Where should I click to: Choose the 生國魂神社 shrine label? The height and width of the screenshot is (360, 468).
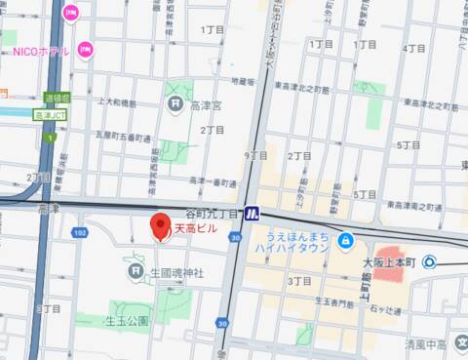pos(177,273)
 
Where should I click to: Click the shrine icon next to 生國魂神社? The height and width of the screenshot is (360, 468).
pos(138,272)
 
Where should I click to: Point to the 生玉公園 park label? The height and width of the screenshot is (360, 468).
pos(127,320)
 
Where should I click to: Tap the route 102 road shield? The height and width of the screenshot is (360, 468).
pos(80,232)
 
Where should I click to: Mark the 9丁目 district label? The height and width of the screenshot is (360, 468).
pos(255,155)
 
